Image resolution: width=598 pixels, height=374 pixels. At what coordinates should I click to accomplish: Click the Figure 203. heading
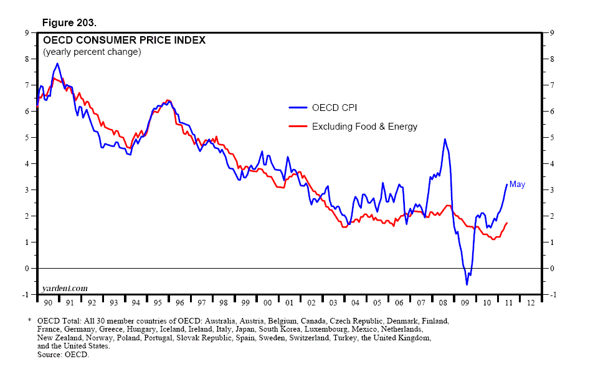click(69, 22)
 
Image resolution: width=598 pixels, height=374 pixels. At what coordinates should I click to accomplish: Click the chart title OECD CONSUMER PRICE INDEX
click(124, 41)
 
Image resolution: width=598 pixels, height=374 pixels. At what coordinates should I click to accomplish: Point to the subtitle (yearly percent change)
click(92, 52)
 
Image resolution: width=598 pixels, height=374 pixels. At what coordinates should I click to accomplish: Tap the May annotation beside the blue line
click(517, 185)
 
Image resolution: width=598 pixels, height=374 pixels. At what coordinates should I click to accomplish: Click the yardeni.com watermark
click(65, 287)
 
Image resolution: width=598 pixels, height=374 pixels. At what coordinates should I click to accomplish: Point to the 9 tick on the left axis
click(27, 32)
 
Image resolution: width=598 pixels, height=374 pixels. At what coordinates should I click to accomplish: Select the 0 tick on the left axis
click(27, 268)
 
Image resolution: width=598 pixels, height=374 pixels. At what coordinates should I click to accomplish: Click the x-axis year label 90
click(47, 302)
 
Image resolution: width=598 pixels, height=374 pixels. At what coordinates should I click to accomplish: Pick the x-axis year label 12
click(531, 302)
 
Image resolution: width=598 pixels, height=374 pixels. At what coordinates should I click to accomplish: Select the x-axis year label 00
click(267, 302)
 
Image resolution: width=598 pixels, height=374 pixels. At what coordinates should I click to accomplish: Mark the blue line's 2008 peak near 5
click(445, 139)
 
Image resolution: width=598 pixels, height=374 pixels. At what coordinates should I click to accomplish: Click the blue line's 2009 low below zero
click(467, 285)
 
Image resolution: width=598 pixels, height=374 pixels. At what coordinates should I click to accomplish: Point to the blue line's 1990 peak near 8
click(57, 63)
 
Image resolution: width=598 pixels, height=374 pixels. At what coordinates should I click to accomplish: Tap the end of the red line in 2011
click(508, 223)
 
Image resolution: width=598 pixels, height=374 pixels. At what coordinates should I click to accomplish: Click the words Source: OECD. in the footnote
click(64, 354)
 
